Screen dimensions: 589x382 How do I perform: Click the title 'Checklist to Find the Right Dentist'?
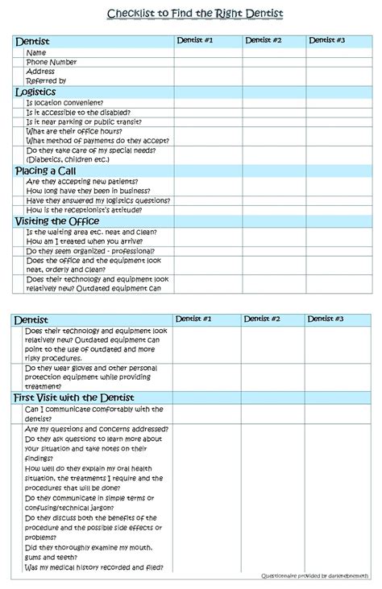(196, 14)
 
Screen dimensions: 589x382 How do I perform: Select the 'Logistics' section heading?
(35, 92)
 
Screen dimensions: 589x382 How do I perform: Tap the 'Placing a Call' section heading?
(46, 171)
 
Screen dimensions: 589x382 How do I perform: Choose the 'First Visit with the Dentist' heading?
(73, 397)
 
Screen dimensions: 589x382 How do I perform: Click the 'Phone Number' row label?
(52, 62)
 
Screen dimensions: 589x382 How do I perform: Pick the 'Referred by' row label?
(46, 80)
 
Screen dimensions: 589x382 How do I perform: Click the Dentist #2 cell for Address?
(273, 71)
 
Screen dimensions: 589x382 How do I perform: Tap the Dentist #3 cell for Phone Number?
(338, 62)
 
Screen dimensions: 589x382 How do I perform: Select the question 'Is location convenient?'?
(64, 102)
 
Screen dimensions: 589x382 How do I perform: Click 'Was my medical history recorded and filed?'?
(95, 567)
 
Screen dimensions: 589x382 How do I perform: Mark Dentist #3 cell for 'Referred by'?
(338, 80)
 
